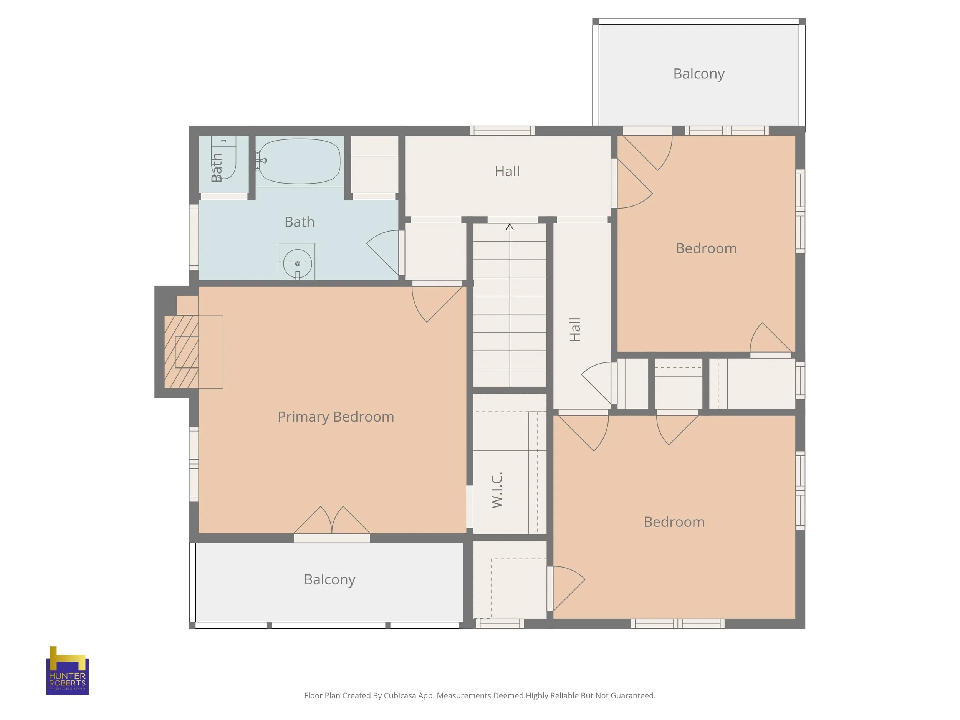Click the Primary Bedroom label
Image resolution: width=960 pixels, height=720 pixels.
click(x=336, y=417)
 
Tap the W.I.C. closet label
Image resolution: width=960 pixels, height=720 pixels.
click(x=497, y=490)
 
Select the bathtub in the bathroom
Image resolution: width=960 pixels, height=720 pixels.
click(x=299, y=161)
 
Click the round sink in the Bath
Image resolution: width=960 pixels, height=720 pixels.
click(x=297, y=263)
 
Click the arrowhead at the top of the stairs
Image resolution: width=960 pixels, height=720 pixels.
click(x=510, y=227)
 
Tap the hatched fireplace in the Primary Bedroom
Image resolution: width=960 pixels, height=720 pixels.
click(x=181, y=351)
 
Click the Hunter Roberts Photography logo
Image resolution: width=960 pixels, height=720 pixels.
click(x=67, y=670)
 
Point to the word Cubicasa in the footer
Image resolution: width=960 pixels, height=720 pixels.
click(x=400, y=696)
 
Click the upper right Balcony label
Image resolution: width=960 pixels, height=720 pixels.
click(x=699, y=74)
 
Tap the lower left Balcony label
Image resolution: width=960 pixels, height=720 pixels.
click(x=329, y=580)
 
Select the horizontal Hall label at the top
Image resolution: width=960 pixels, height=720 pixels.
click(x=507, y=171)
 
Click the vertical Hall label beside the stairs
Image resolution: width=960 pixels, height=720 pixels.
click(x=574, y=330)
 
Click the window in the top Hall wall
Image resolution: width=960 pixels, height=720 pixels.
click(x=502, y=131)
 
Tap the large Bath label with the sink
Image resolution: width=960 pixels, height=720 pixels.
click(x=300, y=222)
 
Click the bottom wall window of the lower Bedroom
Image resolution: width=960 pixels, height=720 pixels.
click(x=677, y=624)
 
